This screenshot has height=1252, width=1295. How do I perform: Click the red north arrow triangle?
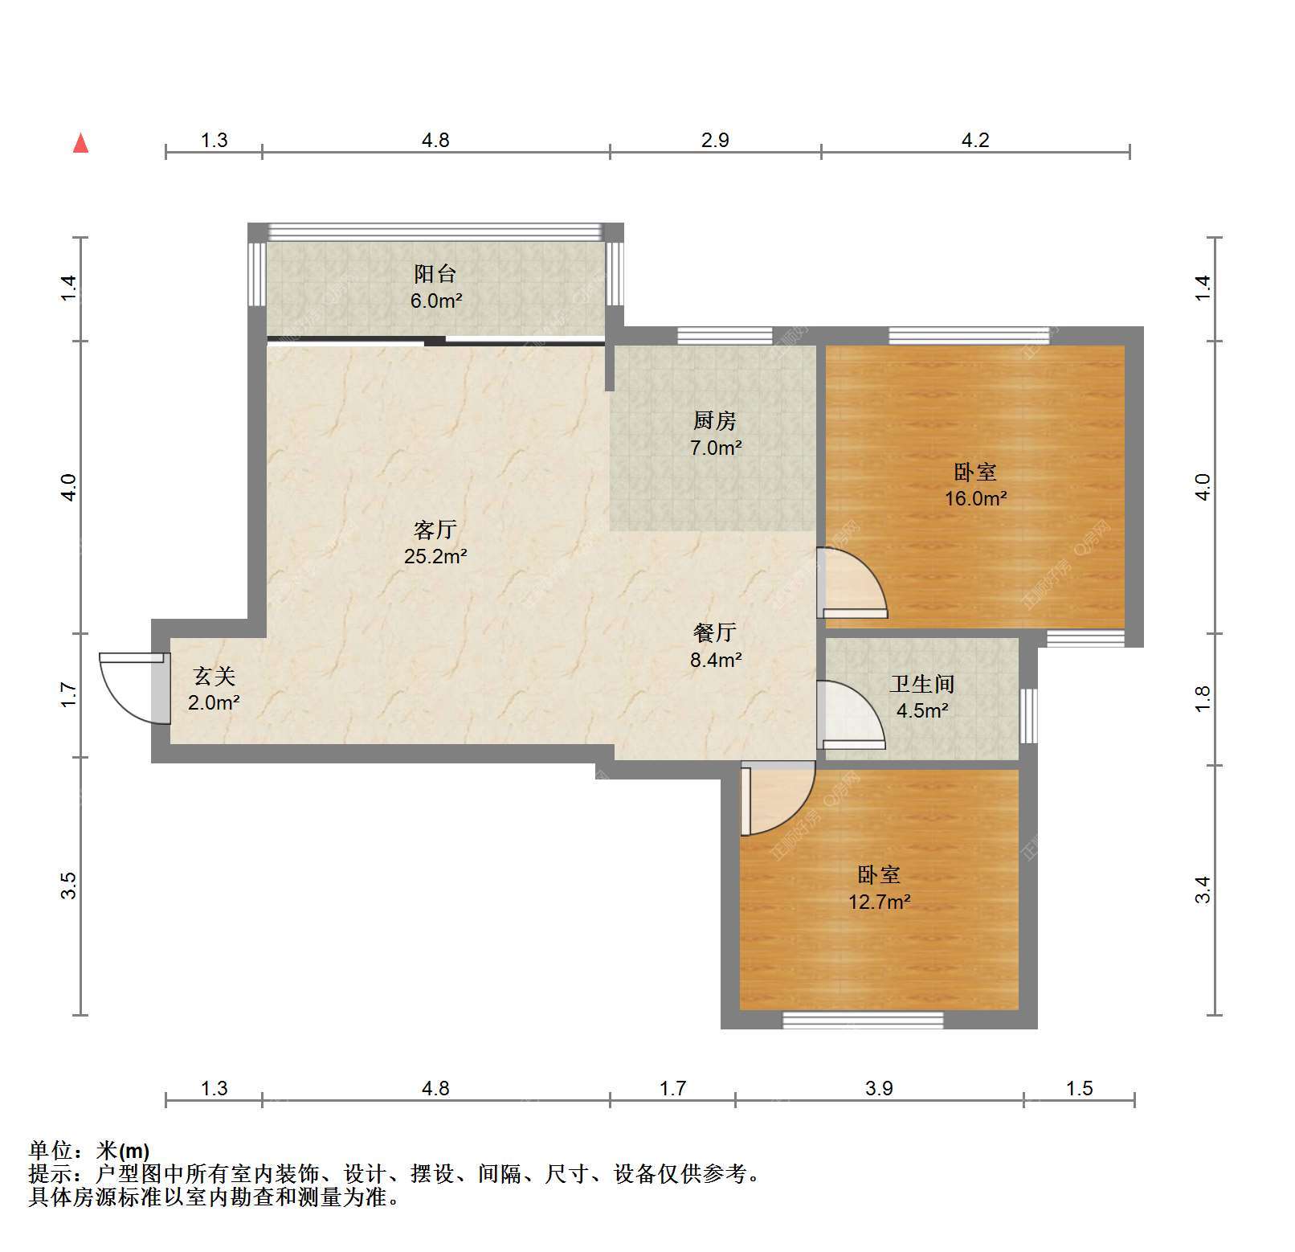coord(80,143)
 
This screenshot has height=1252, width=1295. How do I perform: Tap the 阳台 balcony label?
coord(435,274)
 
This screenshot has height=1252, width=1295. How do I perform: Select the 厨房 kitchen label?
coord(714,420)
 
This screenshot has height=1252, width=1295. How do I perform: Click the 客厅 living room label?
coord(435,530)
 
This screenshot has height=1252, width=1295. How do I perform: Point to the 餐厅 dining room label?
coord(714,632)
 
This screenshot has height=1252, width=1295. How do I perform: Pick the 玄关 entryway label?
coord(214,676)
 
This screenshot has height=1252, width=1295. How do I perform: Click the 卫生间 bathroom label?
coord(922,684)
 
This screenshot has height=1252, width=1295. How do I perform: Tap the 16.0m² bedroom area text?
coord(975,498)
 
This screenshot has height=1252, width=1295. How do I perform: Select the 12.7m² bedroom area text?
coord(880,902)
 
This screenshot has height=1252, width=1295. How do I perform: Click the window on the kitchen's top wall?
coord(725,336)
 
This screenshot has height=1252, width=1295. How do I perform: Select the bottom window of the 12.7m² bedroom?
coord(863,1020)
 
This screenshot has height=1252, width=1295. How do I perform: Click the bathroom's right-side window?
coord(1028,715)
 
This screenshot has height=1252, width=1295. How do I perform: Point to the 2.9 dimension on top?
coord(715,141)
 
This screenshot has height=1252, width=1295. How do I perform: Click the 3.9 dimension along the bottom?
coord(879,1089)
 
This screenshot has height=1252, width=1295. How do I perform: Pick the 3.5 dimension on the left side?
coord(69,886)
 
